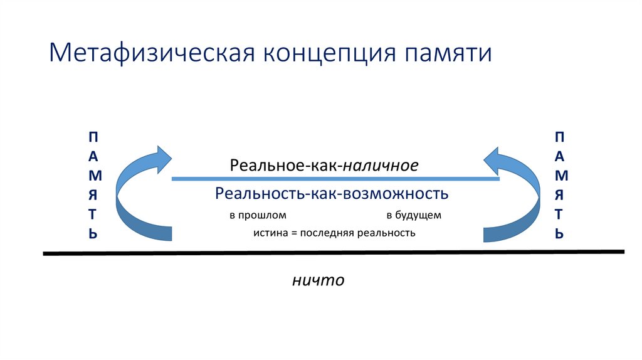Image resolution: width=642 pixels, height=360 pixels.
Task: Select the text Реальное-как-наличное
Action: (x=324, y=166)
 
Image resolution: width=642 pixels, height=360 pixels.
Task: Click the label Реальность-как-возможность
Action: (x=332, y=194)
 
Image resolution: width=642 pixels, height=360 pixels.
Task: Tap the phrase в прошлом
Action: (x=258, y=215)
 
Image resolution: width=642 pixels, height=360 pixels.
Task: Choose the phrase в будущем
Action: (x=414, y=215)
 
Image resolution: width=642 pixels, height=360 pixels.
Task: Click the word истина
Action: (x=268, y=233)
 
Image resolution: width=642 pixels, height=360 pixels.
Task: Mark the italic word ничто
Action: (x=318, y=280)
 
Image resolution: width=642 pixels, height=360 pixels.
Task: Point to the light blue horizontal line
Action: (x=335, y=179)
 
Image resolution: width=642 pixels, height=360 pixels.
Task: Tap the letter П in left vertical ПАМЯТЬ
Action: (x=93, y=136)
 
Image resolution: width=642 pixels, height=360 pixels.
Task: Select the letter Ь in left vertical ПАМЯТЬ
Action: (x=93, y=233)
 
